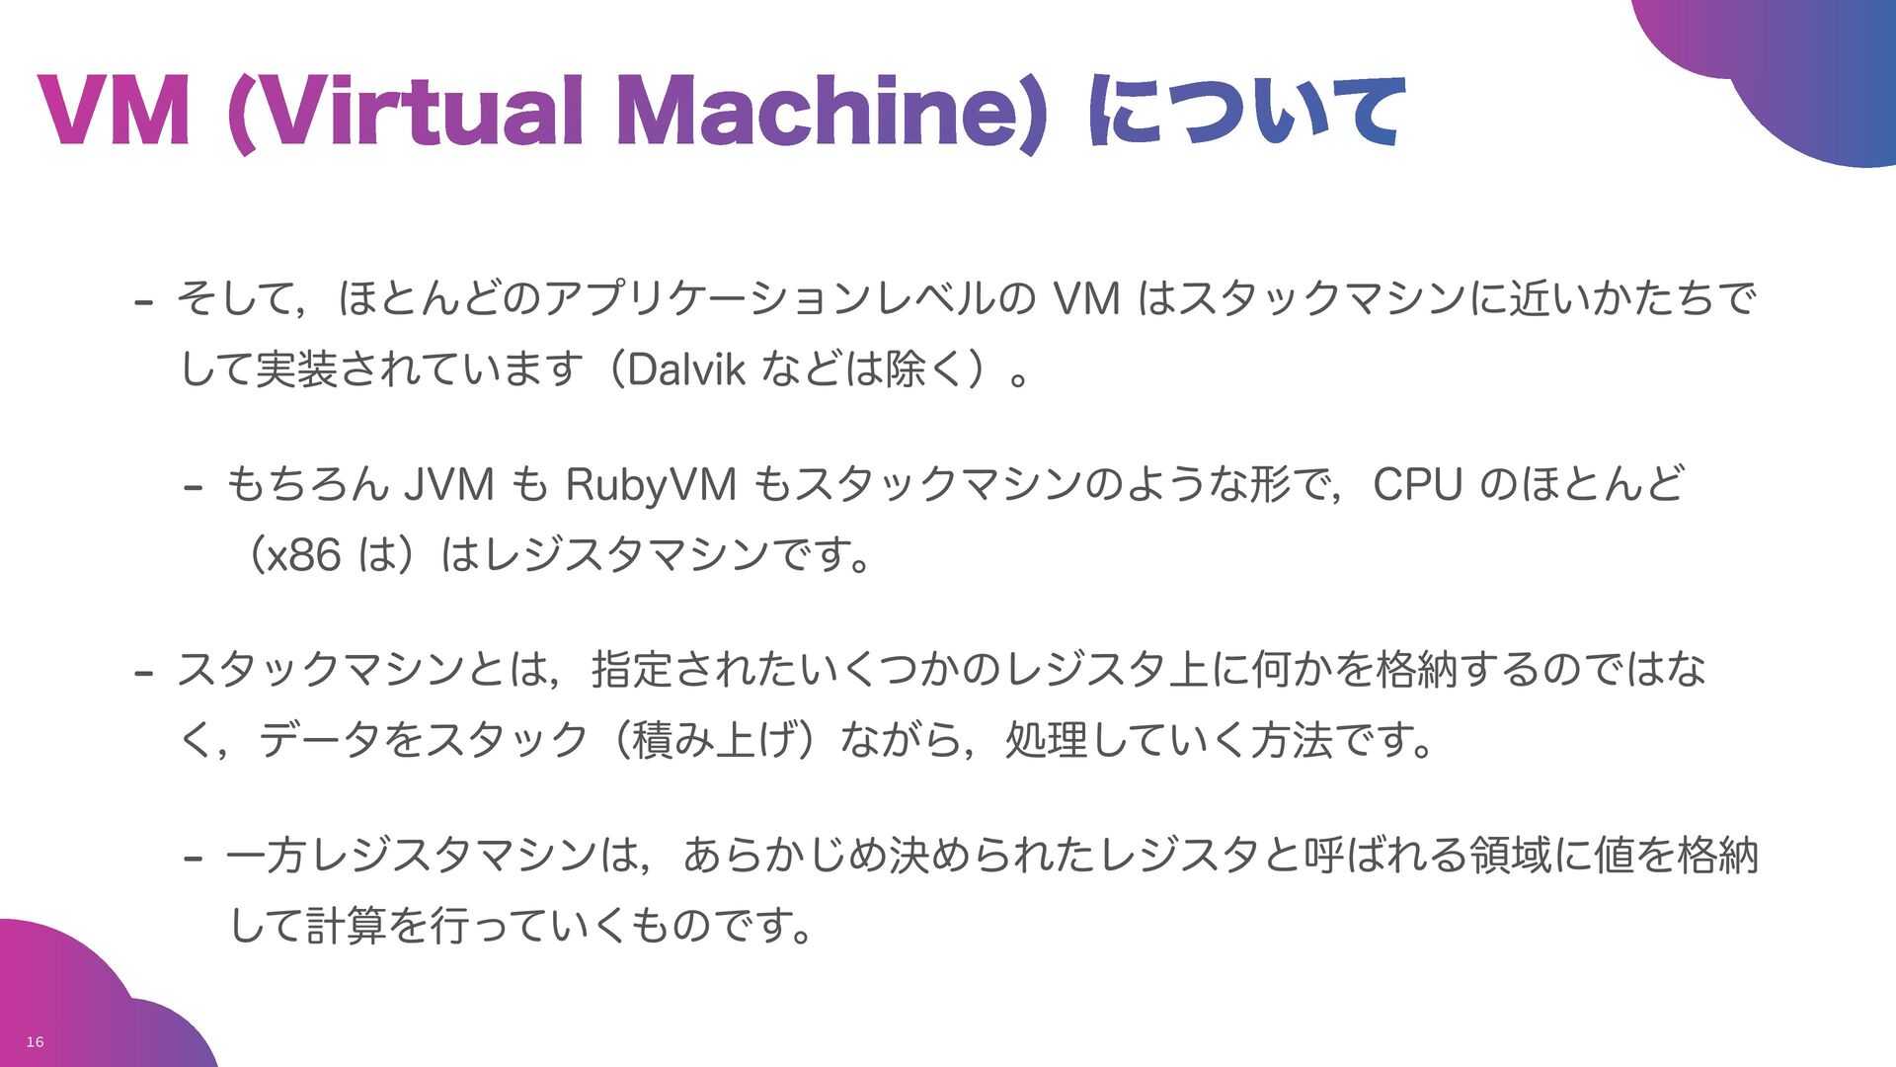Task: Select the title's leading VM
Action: pyautogui.click(x=115, y=113)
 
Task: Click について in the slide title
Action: pyautogui.click(x=1246, y=113)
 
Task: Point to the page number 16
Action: pyautogui.click(x=35, y=1042)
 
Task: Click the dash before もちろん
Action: pyautogui.click(x=194, y=488)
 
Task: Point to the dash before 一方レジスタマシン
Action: pyautogui.click(x=194, y=859)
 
